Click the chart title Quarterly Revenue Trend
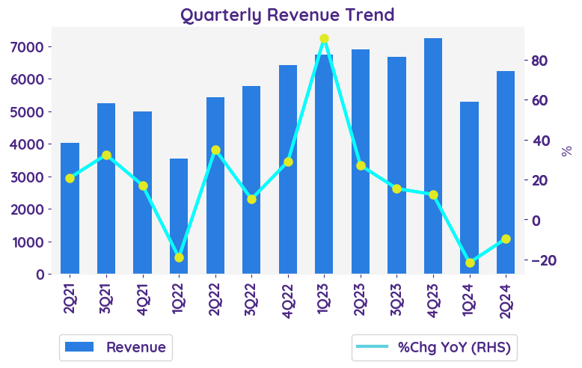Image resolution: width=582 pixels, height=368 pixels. point(287,14)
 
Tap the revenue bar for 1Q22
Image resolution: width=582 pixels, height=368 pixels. point(179,216)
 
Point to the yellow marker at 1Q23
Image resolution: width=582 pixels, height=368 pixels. point(324,39)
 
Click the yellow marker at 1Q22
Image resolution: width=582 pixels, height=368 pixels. point(179,257)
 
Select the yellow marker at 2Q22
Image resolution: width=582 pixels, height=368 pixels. point(215,150)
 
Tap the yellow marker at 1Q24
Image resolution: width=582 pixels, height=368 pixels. point(470,263)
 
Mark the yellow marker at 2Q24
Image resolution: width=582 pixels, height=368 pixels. point(506,239)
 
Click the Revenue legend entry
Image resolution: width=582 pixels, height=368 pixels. point(116,347)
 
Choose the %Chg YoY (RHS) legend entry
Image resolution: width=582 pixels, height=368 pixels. point(436,347)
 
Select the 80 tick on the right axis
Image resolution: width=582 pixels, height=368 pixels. point(541,61)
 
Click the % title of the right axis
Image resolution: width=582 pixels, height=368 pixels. point(566,150)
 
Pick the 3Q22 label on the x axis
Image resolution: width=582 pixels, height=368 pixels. point(251,300)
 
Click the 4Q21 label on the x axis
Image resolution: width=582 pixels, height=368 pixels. point(142,300)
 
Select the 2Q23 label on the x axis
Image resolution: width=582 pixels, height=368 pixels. point(361,300)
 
